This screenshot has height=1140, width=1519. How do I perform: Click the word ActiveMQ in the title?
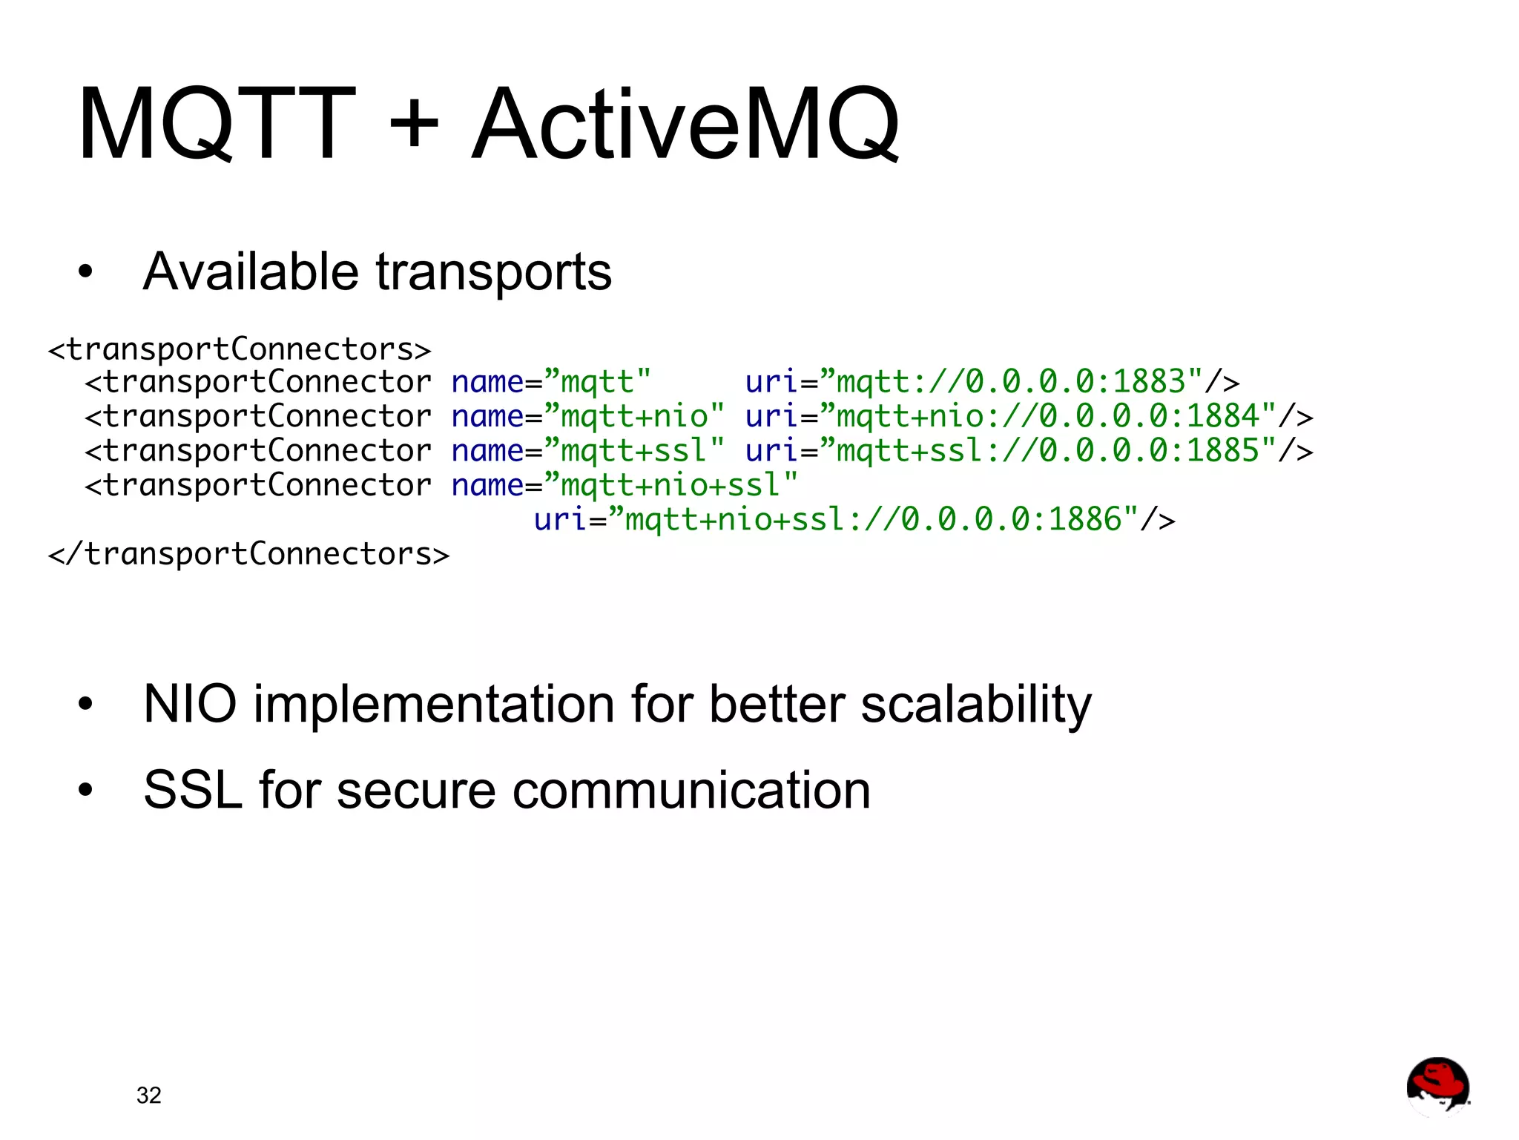click(685, 124)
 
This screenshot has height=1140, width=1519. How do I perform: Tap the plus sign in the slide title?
click(414, 123)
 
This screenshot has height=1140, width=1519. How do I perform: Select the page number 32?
click(148, 1095)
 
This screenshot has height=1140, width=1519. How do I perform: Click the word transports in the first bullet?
click(494, 273)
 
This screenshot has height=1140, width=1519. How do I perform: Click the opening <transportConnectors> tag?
click(239, 349)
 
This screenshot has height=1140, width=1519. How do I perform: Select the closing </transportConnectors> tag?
click(248, 554)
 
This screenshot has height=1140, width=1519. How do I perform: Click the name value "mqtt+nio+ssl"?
click(670, 485)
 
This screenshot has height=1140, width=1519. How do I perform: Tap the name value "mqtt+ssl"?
click(634, 450)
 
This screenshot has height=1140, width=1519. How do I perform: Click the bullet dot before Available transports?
click(86, 272)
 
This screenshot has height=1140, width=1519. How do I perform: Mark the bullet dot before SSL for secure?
click(86, 791)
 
